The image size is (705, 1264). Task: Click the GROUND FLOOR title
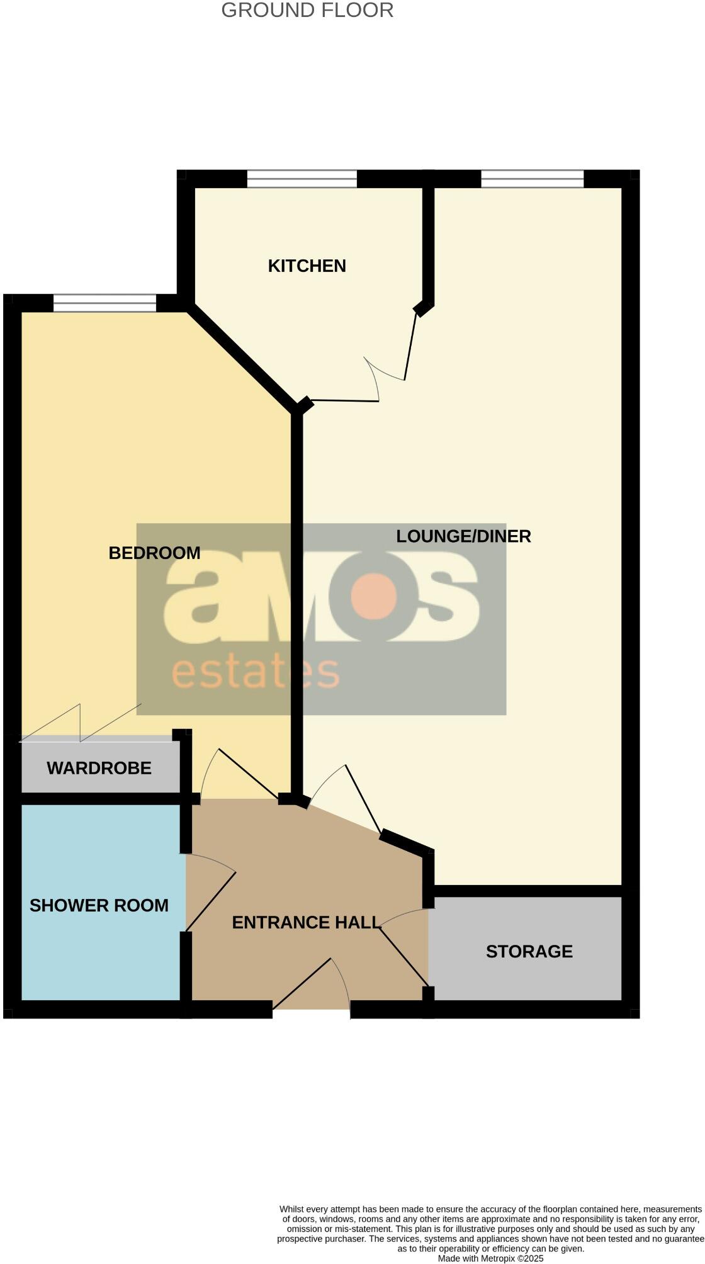pos(307,11)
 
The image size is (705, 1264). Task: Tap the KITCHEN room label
pos(307,266)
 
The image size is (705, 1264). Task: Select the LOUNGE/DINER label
pos(463,536)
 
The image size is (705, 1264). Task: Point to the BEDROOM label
pos(154,553)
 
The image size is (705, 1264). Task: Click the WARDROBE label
pos(99,768)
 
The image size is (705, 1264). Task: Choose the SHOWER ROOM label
pos(99,905)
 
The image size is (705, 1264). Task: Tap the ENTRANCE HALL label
pos(307,922)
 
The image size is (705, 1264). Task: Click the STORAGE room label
pos(529,951)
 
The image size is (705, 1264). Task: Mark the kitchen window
pos(302,179)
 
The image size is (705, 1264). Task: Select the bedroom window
pos(104,303)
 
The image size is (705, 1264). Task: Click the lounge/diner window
pos(532,179)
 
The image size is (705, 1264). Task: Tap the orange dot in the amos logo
pos(374,595)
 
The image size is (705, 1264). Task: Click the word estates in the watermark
pos(255,673)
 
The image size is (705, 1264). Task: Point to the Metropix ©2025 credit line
pos(490,1258)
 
